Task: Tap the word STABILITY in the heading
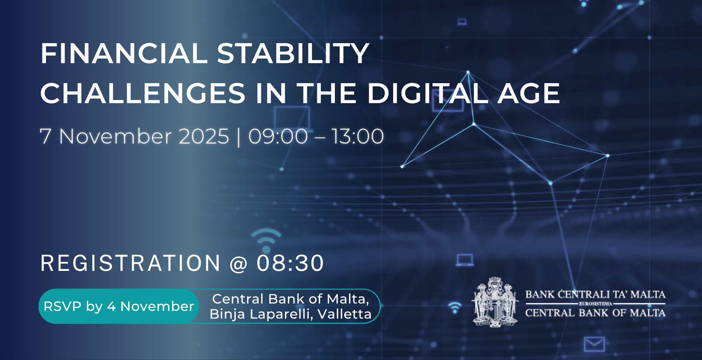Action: pos(293,53)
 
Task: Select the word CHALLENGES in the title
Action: pos(143,93)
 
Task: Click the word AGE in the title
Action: pos(529,93)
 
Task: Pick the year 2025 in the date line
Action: pos(204,136)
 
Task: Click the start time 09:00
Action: pos(278,136)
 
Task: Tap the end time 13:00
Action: pos(358,136)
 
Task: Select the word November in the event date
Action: pos(115,136)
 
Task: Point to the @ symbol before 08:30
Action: pos(238,264)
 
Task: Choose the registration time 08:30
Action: pos(290,263)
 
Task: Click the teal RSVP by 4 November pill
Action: pos(119,306)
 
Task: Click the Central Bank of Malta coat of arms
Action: pos(495,302)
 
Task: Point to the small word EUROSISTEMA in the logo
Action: pos(595,304)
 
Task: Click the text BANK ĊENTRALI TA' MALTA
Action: pos(595,294)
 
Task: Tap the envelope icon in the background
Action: pos(594,344)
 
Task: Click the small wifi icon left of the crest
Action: pos(455,308)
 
